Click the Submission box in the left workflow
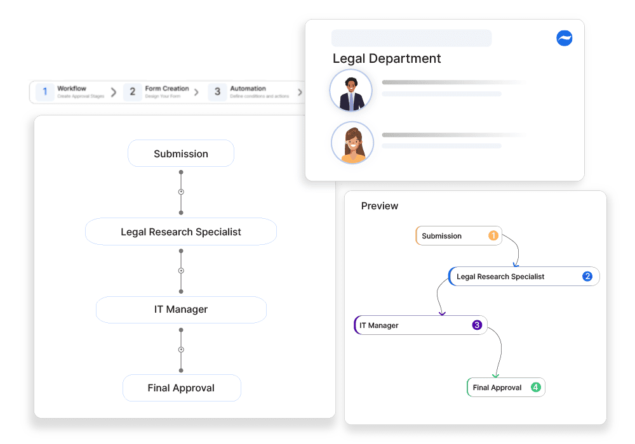181,153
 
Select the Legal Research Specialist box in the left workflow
181,232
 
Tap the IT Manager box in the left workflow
181,310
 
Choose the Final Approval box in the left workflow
182,388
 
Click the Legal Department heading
387,58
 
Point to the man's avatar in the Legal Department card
351,91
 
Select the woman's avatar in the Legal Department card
352,143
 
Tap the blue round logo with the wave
564,38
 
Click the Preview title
380,206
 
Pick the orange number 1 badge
493,235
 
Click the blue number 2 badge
587,276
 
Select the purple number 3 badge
477,325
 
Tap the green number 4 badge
535,387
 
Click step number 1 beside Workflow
44,92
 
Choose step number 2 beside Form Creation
132,92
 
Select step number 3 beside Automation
217,92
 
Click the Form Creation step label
167,89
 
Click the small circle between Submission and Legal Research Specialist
181,192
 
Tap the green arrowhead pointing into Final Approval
496,375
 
